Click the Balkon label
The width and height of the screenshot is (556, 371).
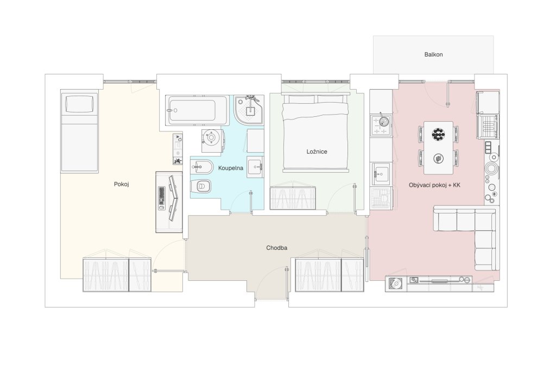[x=433, y=55]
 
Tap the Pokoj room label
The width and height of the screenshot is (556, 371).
[x=121, y=184]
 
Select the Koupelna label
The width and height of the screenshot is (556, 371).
[x=230, y=168]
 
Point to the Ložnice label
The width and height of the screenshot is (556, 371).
[x=317, y=152]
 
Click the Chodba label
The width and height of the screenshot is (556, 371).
[x=276, y=248]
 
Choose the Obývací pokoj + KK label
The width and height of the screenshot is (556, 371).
[x=434, y=185]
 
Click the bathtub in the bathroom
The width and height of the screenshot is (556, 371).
[x=197, y=110]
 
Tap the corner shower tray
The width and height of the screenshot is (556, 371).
[x=249, y=110]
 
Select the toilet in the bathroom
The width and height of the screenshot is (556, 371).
[x=201, y=186]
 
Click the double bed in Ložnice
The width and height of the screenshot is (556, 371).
[x=315, y=132]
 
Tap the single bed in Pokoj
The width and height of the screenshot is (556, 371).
[x=79, y=131]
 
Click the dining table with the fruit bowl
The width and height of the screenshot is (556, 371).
[x=438, y=148]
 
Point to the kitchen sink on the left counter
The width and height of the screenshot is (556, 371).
[x=381, y=174]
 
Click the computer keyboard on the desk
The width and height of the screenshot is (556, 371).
[x=161, y=198]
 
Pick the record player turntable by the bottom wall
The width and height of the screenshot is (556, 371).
[x=396, y=284]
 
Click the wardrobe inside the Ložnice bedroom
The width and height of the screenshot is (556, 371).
[x=293, y=198]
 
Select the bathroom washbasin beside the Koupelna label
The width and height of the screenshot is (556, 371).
[x=255, y=167]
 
